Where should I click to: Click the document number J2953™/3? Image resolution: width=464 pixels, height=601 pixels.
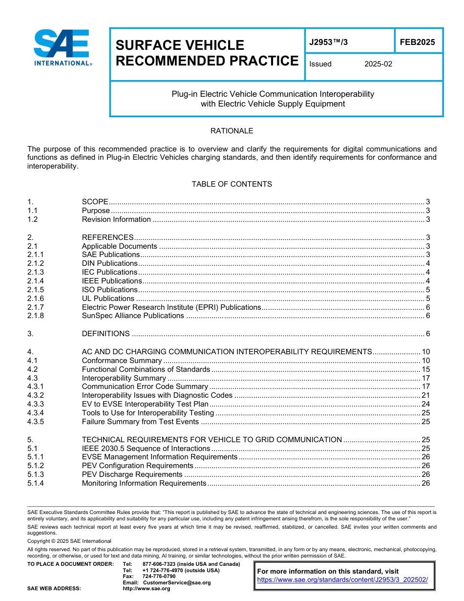point(328,43)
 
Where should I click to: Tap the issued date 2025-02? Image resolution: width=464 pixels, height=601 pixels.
point(378,64)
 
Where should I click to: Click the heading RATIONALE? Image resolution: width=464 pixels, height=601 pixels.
point(232,131)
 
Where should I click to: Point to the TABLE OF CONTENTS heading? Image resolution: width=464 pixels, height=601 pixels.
point(232,184)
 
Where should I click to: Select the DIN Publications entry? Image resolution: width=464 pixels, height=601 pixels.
point(109,263)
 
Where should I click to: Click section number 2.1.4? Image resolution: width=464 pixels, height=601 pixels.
point(36,281)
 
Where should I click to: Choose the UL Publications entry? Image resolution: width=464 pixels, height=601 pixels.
point(108,299)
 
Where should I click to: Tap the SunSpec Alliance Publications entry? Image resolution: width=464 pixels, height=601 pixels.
point(133,316)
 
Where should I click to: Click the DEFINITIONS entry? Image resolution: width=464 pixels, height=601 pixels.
point(105,334)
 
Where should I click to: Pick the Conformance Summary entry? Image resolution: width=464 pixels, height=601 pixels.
point(122,361)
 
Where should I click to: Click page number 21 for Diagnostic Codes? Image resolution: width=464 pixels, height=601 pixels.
point(425,395)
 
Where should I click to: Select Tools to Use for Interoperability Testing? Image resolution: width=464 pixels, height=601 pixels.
point(148,413)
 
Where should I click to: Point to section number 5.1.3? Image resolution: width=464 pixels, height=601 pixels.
point(36,474)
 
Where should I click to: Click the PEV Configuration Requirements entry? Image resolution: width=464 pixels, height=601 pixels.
point(137,466)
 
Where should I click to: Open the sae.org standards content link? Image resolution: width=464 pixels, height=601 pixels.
point(342,580)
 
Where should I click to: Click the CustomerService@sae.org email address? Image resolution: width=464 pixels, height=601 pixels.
point(177,582)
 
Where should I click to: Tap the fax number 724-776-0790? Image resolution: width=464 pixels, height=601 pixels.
point(159,577)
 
